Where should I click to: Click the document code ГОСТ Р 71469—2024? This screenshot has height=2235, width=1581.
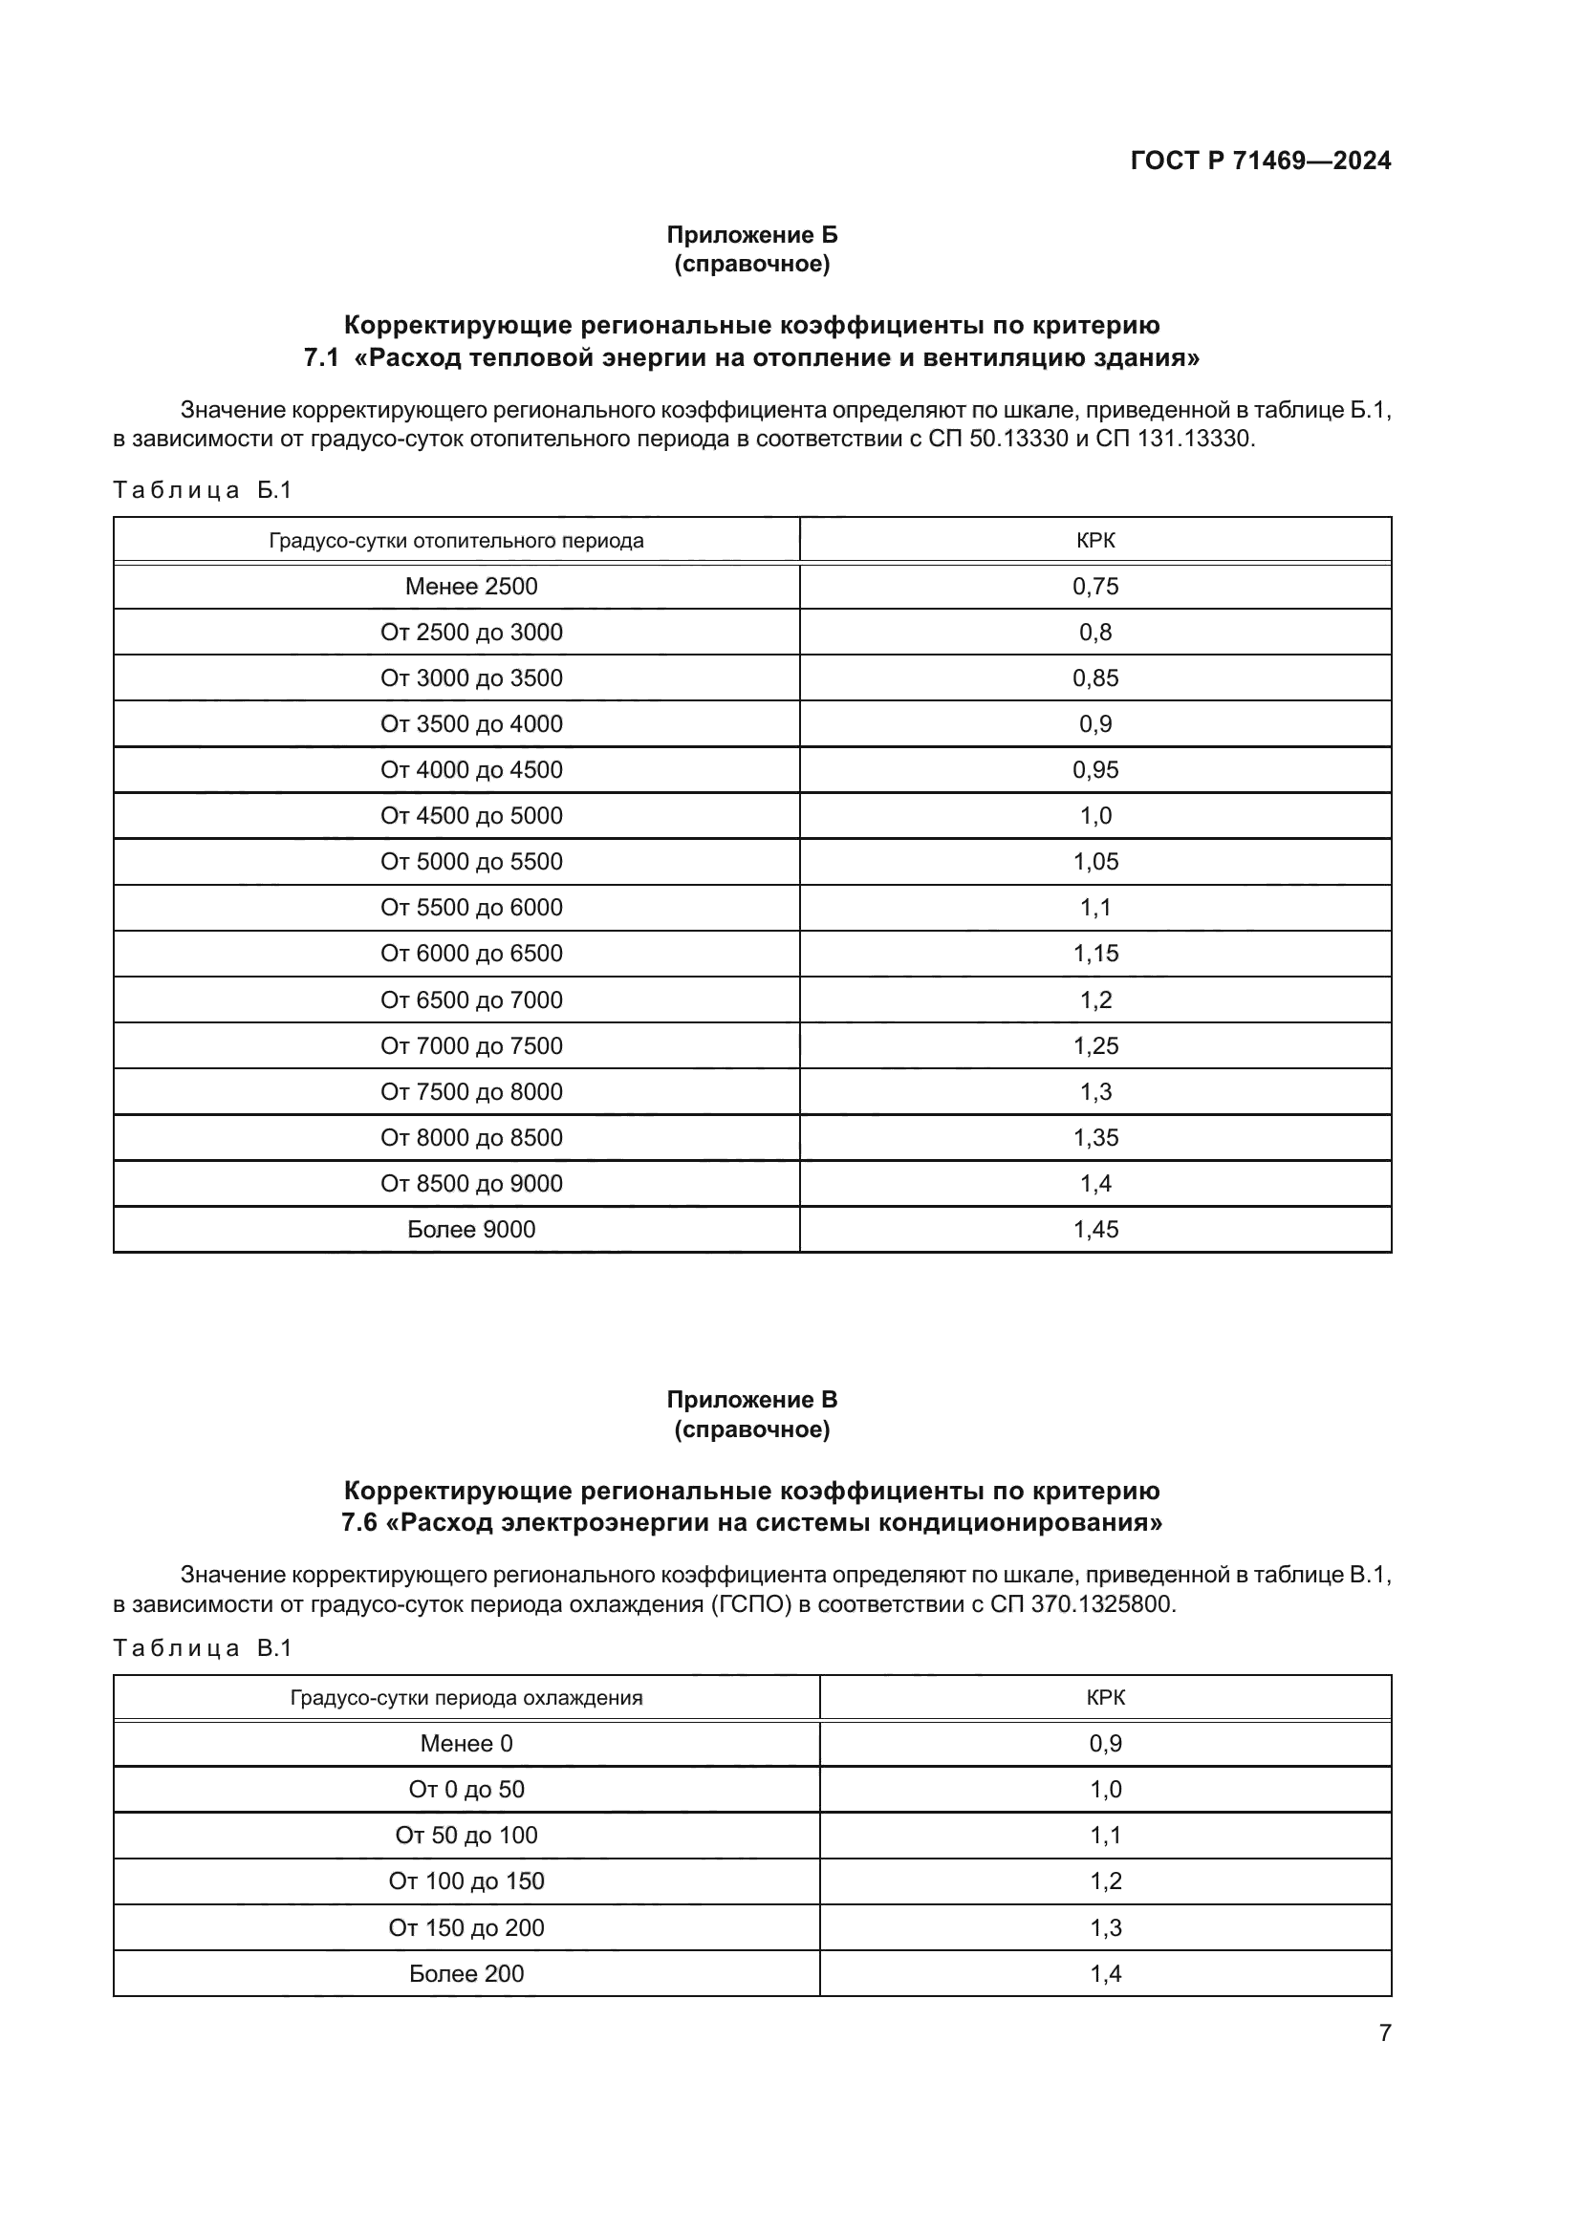click(x=1260, y=161)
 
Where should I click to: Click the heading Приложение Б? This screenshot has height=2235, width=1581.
click(x=751, y=235)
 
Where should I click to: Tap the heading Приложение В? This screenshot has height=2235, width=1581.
click(x=751, y=1400)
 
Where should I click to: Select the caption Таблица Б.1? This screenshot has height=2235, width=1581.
click(x=203, y=489)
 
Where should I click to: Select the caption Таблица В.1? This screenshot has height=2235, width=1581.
click(x=203, y=1648)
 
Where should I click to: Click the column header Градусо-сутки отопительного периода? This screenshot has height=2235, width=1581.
click(x=456, y=540)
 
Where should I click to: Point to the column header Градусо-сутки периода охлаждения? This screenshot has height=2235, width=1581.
click(x=466, y=1698)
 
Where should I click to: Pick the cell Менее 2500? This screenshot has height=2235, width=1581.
click(x=471, y=586)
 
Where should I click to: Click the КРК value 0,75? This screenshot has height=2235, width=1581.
click(x=1095, y=586)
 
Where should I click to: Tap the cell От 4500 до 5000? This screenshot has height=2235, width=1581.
click(x=471, y=816)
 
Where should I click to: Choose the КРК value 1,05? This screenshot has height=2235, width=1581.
click(x=1095, y=862)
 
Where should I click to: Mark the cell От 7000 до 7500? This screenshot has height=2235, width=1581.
click(x=471, y=1045)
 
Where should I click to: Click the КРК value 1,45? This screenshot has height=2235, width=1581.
click(x=1095, y=1230)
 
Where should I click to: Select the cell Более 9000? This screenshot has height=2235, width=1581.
click(x=471, y=1230)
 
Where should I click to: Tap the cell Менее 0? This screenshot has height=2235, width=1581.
click(x=466, y=1744)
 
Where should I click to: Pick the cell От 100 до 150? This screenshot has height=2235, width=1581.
click(x=466, y=1880)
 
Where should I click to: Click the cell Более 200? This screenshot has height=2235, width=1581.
click(x=466, y=1973)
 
